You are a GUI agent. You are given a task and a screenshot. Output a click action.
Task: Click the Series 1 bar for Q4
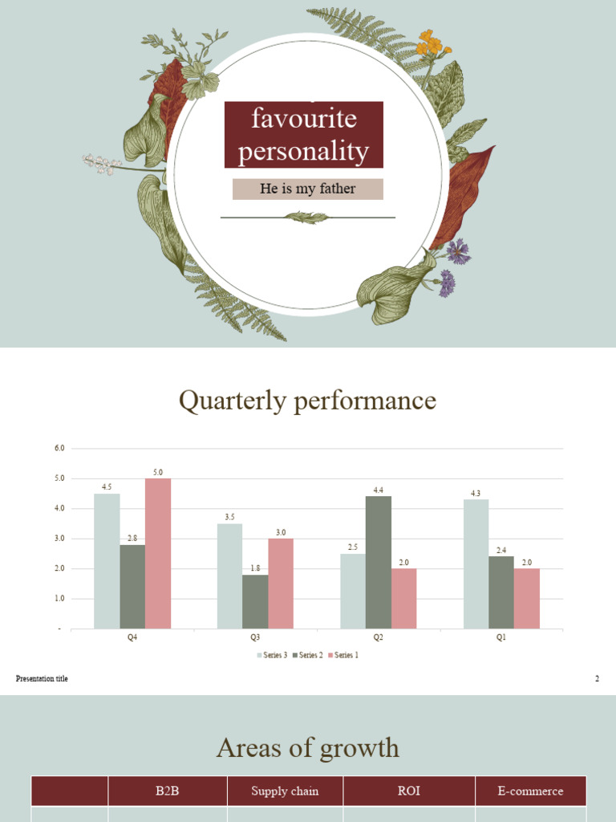(158, 553)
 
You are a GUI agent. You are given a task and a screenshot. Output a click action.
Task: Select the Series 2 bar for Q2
(379, 562)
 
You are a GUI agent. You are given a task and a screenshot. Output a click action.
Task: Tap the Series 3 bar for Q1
(476, 564)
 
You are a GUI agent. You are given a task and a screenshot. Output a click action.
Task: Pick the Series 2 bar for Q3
(255, 601)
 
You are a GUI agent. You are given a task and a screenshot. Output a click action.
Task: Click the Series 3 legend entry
(272, 655)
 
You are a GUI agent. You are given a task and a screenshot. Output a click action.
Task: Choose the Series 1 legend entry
(343, 655)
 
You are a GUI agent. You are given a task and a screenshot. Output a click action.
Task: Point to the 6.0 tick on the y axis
(59, 448)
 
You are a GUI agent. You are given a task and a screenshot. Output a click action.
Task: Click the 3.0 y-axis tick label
(59, 539)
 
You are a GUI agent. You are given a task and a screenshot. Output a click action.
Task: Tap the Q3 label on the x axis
(255, 637)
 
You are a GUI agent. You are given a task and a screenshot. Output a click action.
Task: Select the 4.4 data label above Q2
(379, 490)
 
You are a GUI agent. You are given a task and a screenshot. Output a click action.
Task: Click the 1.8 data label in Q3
(255, 568)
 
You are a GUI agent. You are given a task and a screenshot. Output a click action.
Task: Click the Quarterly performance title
(308, 400)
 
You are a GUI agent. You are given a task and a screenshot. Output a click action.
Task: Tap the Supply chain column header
(285, 791)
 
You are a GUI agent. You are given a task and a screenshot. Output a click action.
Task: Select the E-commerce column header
(530, 791)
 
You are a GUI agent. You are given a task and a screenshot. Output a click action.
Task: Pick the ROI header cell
(409, 791)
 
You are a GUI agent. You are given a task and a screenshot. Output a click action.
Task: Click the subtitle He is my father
(308, 189)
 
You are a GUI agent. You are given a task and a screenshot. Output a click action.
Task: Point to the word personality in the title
(303, 151)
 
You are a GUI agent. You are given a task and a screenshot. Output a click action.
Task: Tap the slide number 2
(597, 679)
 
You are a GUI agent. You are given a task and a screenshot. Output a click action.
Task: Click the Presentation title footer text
(42, 679)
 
